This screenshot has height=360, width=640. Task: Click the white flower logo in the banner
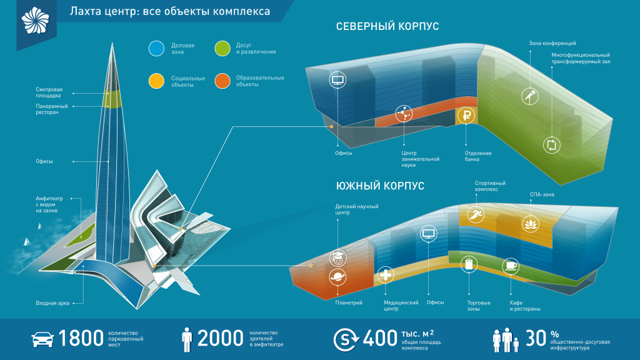pyautogui.click(x=36, y=20)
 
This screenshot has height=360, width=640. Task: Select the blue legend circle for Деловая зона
pyautogui.click(x=156, y=48)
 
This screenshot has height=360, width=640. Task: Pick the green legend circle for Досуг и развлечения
pyautogui.click(x=222, y=48)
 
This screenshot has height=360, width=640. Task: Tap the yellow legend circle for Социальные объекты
pyautogui.click(x=156, y=81)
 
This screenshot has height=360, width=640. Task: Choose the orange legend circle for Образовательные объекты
pyautogui.click(x=222, y=81)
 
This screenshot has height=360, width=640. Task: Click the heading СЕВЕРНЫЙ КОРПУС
pyautogui.click(x=387, y=26)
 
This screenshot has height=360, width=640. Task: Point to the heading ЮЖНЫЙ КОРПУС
pyautogui.click(x=380, y=186)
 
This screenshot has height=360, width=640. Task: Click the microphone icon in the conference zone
pyautogui.click(x=530, y=96)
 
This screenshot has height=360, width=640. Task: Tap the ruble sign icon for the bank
pyautogui.click(x=466, y=116)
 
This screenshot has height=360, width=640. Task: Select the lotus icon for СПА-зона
pyautogui.click(x=530, y=224)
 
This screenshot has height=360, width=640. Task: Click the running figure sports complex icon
pyautogui.click(x=476, y=214)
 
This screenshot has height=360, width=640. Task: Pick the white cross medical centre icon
pyautogui.click(x=385, y=275)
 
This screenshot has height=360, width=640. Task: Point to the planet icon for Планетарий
pyautogui.click(x=337, y=277)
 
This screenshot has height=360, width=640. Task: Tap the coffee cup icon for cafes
pyautogui.click(x=510, y=266)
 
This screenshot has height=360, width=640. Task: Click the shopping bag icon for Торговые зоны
pyautogui.click(x=469, y=264)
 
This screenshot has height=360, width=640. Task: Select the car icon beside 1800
pyautogui.click(x=42, y=339)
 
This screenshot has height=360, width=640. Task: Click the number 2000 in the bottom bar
pyautogui.click(x=220, y=338)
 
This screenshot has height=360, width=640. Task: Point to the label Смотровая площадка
pyautogui.click(x=49, y=92)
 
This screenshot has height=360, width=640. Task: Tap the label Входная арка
pyautogui.click(x=52, y=303)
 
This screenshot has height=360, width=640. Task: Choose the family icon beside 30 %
pyautogui.click(x=506, y=339)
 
